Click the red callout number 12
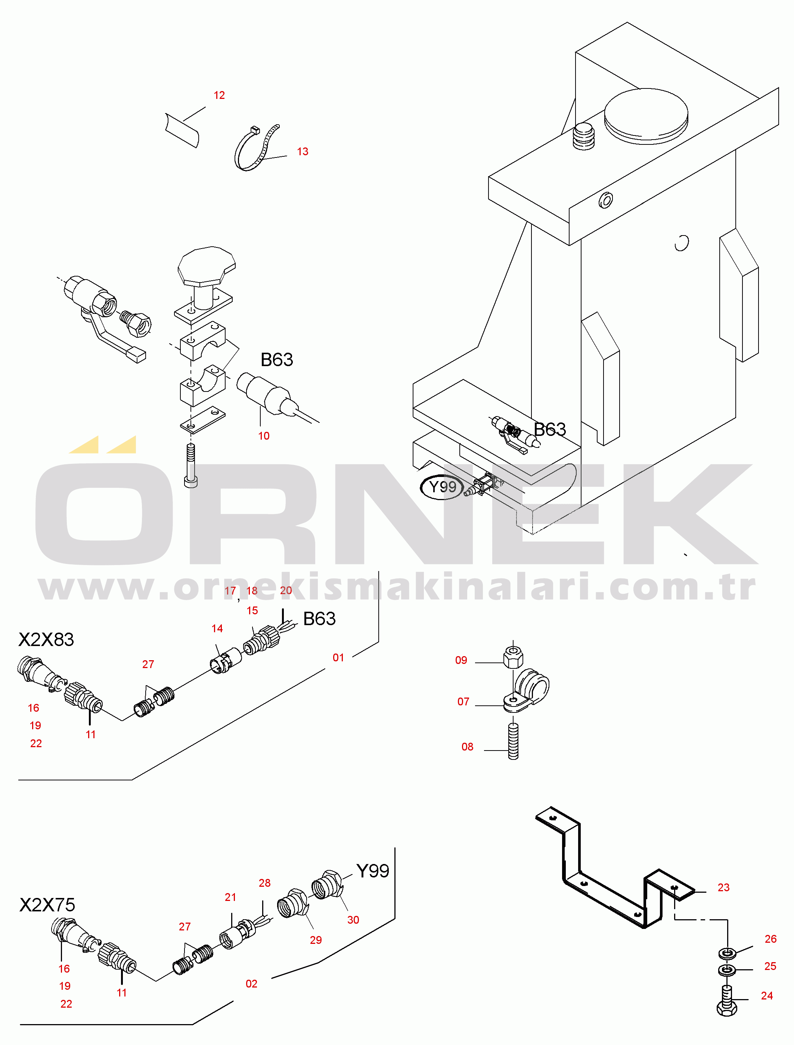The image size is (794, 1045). pyautogui.click(x=219, y=96)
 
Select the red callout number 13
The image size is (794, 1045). pyautogui.click(x=303, y=152)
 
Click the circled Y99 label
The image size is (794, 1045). pyautogui.click(x=442, y=487)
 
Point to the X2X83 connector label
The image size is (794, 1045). pyautogui.click(x=46, y=640)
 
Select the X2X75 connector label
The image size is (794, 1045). pyautogui.click(x=47, y=905)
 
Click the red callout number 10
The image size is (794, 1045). pyautogui.click(x=264, y=436)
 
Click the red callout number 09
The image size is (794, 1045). pyautogui.click(x=461, y=661)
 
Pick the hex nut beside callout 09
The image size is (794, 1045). pyautogui.click(x=513, y=656)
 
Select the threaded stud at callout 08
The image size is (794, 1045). pyautogui.click(x=513, y=741)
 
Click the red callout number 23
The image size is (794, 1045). pyautogui.click(x=723, y=888)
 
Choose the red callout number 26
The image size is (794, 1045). pyautogui.click(x=770, y=939)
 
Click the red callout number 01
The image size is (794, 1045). pyautogui.click(x=338, y=658)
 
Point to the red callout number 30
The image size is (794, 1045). pyautogui.click(x=353, y=920)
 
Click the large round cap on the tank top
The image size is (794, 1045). pyautogui.click(x=646, y=116)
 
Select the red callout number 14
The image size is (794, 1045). pyautogui.click(x=217, y=628)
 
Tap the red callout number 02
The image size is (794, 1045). pyautogui.click(x=251, y=984)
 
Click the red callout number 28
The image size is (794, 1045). pyautogui.click(x=265, y=883)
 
